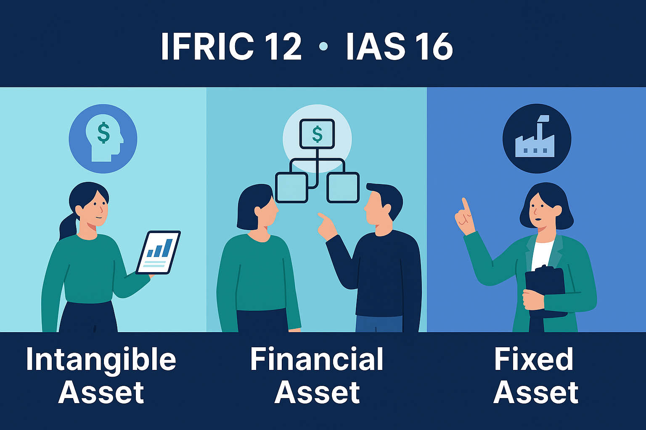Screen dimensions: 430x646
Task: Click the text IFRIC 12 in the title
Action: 231,46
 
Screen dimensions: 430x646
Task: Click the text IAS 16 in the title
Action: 399,46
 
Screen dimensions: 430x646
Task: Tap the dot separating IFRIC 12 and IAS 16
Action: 323,46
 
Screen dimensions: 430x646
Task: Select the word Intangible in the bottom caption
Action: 101,359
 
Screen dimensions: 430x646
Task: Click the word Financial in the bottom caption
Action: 317,359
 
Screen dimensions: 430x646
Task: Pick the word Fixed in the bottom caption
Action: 534,359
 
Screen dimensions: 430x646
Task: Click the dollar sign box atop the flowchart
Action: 317,134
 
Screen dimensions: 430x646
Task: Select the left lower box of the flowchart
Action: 291,187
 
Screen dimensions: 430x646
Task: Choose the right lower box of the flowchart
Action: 343,187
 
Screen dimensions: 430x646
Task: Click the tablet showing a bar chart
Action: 158,252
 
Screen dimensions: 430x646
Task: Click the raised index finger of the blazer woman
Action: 465,205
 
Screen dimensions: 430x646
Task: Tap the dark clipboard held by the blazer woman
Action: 545,290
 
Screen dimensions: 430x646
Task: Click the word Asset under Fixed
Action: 536,393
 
